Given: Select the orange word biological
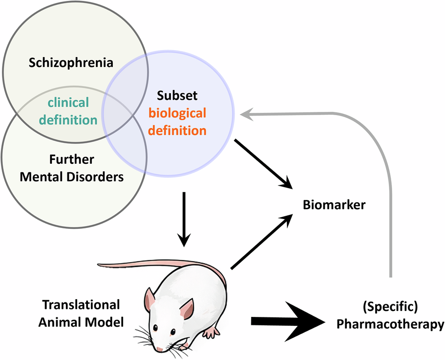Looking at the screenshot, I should (x=177, y=113).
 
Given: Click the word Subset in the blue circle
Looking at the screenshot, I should (x=177, y=96).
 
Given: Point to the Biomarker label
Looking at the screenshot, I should (x=334, y=205).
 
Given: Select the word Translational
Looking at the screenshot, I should (x=81, y=305).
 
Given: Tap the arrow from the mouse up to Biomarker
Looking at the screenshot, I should (x=262, y=242).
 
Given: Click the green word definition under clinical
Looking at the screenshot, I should (x=68, y=120).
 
